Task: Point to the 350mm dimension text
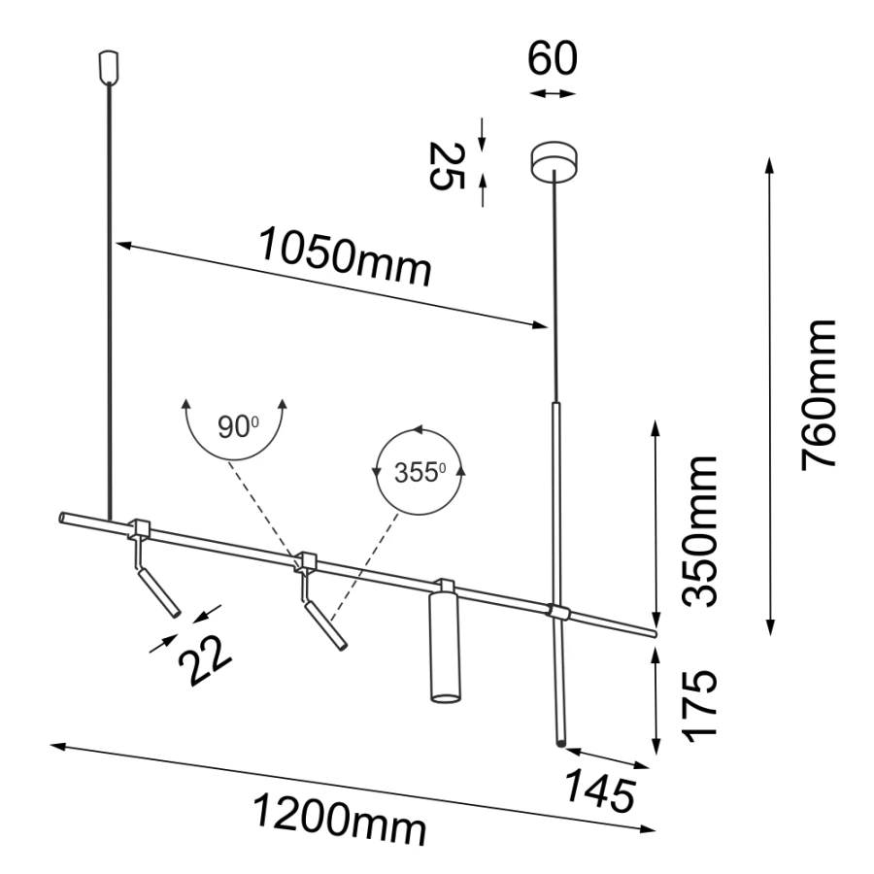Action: (x=699, y=530)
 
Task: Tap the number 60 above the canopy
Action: (x=553, y=59)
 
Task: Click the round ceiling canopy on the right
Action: (x=554, y=160)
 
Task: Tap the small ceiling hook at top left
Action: (x=109, y=66)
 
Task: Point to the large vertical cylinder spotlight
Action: (x=444, y=646)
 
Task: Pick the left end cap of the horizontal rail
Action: (x=64, y=517)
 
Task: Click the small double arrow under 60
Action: (x=553, y=93)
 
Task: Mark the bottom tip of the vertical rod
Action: (x=559, y=742)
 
